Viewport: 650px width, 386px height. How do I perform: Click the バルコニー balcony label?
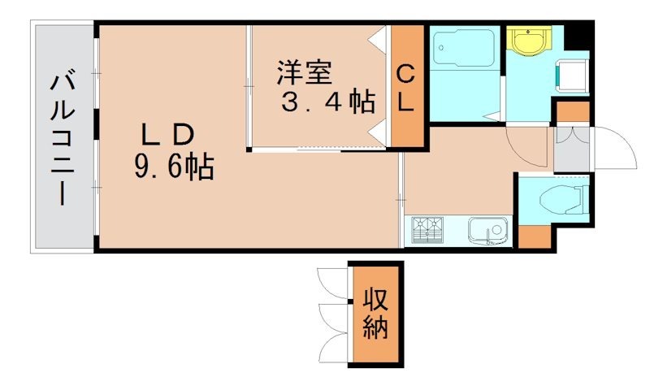point(62,139)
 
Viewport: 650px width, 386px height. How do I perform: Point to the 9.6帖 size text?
point(173,167)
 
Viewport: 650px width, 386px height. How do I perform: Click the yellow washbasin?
point(529,39)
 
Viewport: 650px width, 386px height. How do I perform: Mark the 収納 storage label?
point(375,314)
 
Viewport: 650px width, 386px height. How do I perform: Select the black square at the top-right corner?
point(578,36)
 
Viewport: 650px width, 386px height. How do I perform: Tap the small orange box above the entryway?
point(572,112)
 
